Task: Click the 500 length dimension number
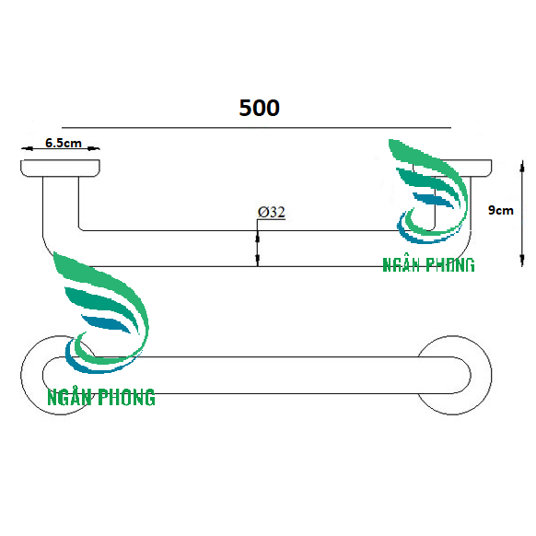pyautogui.click(x=259, y=108)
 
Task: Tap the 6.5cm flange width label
pyautogui.click(x=64, y=143)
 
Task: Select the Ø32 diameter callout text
pyautogui.click(x=271, y=212)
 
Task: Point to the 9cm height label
pyautogui.click(x=500, y=210)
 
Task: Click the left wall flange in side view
pyautogui.click(x=60, y=169)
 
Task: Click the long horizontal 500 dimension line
pyautogui.click(x=256, y=128)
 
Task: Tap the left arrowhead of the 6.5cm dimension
pyautogui.click(x=28, y=148)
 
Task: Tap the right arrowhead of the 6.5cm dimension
pyautogui.click(x=93, y=148)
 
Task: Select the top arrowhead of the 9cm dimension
pyautogui.click(x=522, y=167)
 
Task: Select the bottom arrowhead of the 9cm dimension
pyautogui.click(x=522, y=260)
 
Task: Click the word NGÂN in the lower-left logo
pyautogui.click(x=70, y=397)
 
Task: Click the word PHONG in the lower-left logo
pyautogui.click(x=126, y=397)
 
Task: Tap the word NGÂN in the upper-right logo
pyautogui.click(x=401, y=264)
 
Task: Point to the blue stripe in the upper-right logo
pyautogui.click(x=433, y=200)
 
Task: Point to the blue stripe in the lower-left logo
pyautogui.click(x=106, y=324)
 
